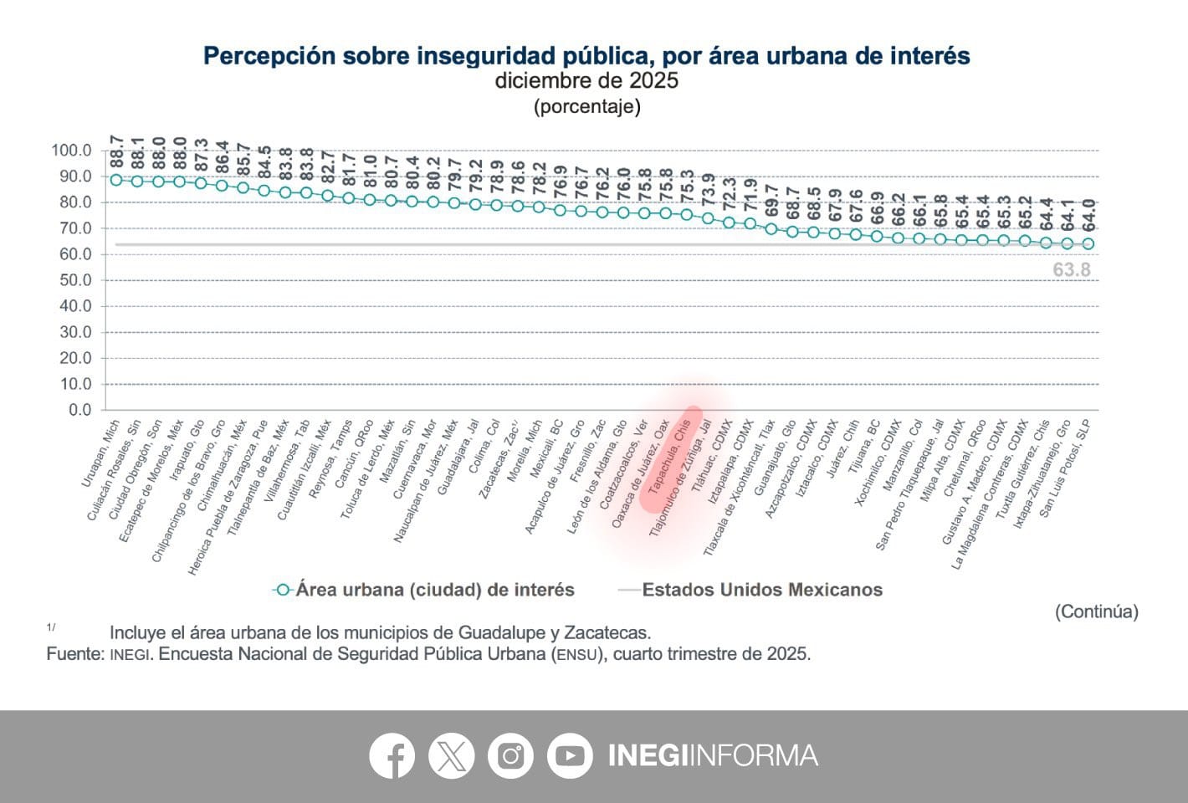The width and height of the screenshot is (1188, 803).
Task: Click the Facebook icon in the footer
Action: coord(392,755)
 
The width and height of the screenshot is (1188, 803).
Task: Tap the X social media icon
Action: coord(451,755)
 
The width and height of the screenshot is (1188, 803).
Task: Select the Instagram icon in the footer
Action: coord(510,755)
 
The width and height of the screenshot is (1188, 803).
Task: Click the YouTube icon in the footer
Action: coord(570,755)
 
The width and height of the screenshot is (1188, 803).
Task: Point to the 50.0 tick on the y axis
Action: coord(72,280)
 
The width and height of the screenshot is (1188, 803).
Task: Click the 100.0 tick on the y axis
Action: coord(70,151)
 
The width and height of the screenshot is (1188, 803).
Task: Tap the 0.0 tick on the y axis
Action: coord(79,410)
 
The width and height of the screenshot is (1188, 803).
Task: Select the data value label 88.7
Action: coord(116,151)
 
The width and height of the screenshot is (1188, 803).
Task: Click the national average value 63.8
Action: coord(1071,269)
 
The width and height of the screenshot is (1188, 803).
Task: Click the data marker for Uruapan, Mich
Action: coord(116,180)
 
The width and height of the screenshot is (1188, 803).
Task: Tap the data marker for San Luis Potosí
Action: coord(1088,244)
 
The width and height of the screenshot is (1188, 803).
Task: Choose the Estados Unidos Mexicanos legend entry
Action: coord(761,590)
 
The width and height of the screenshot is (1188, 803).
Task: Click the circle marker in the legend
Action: coord(284,590)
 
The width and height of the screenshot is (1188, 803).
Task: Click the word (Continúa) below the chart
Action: coord(1096,611)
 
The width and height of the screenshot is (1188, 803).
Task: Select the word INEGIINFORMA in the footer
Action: coord(712,755)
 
